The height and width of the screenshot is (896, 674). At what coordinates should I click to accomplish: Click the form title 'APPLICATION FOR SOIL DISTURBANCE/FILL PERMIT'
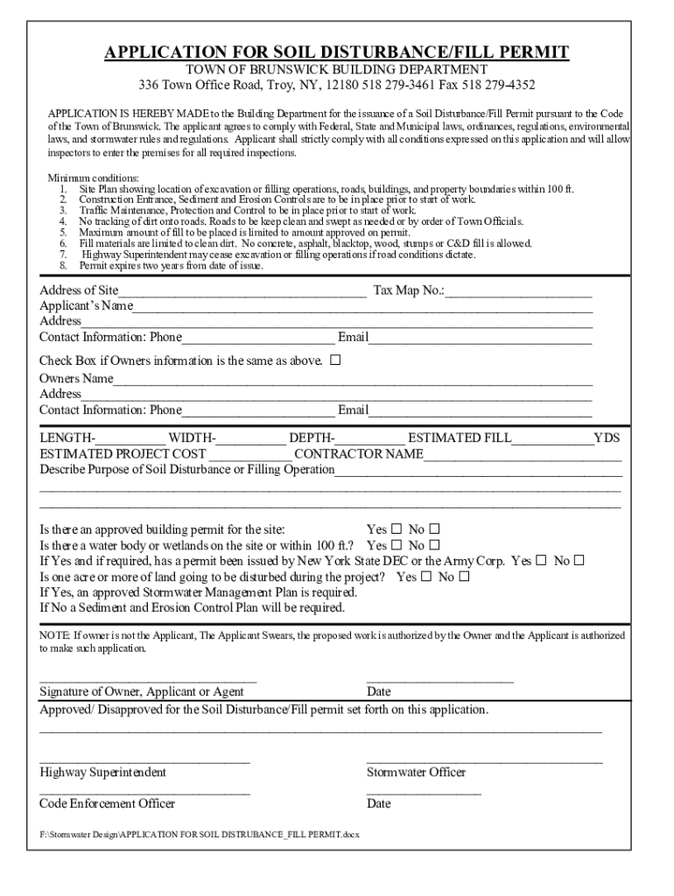coord(337,52)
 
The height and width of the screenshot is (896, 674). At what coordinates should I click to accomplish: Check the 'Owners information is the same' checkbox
coord(335,360)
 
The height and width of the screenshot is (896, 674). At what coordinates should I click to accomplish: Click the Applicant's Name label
coord(86,306)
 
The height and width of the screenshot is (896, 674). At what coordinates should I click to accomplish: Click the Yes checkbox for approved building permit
coord(397,529)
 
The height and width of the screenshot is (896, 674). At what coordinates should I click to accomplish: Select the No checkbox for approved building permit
coord(434,529)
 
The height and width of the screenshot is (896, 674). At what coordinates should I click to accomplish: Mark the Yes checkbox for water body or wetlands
coord(397,545)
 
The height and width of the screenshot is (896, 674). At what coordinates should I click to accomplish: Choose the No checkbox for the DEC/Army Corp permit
coord(579,561)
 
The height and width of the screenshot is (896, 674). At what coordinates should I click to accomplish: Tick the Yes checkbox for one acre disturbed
coord(426,577)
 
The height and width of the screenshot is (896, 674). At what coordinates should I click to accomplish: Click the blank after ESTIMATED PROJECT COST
coord(250,455)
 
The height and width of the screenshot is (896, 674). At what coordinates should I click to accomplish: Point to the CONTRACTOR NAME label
coord(359,454)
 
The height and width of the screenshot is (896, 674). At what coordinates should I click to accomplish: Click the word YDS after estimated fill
coord(607,437)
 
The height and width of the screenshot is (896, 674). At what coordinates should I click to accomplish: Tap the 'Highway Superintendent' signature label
coord(102,773)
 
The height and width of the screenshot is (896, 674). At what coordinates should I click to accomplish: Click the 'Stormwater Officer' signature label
coord(416,773)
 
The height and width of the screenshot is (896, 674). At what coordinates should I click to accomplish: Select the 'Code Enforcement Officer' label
coord(107,803)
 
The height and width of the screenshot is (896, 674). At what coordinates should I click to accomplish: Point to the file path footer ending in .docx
coord(199,834)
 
